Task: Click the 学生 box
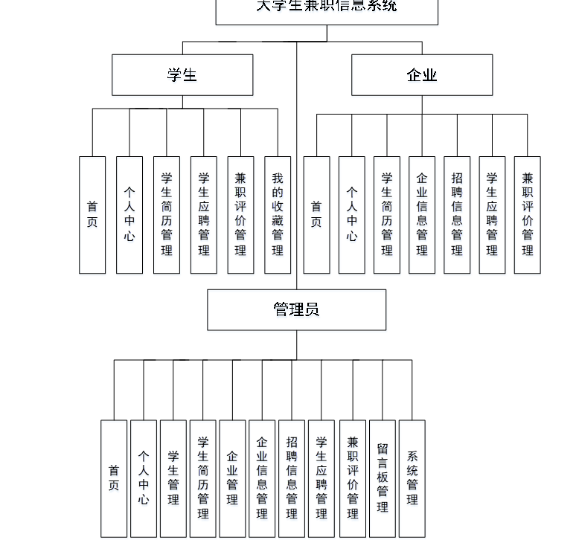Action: [x=182, y=74]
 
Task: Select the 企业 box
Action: [x=422, y=74]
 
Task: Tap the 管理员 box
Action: [x=296, y=309]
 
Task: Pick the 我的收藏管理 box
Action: [x=278, y=214]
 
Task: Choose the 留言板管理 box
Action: [x=383, y=478]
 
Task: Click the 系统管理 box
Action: [x=412, y=478]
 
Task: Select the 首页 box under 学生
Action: [x=92, y=214]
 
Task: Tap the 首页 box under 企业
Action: [x=316, y=214]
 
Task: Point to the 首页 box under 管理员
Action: [x=114, y=478]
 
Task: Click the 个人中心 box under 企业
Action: [x=352, y=214]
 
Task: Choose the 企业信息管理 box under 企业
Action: [x=422, y=214]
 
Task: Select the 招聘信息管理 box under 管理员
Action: [x=292, y=478]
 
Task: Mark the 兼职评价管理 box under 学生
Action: [x=240, y=214]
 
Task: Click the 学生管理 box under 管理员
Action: [x=173, y=478]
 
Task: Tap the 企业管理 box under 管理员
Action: [x=232, y=478]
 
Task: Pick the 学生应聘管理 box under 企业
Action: [x=492, y=214]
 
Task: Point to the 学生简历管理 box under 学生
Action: [x=167, y=214]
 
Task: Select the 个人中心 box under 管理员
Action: [x=144, y=478]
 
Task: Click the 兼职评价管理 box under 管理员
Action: [x=353, y=478]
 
